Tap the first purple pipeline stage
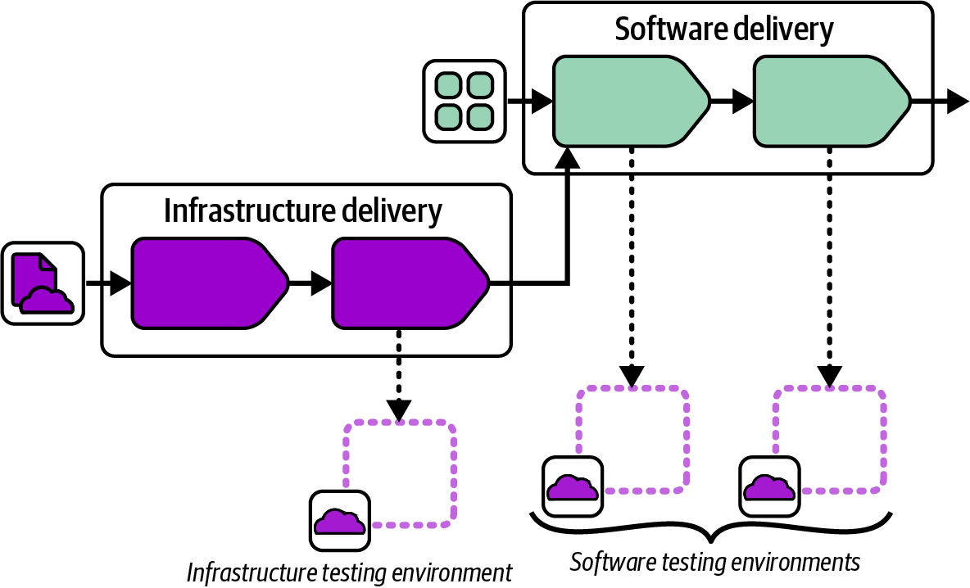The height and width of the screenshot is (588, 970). coord(210,283)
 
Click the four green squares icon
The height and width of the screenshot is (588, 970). coord(464,101)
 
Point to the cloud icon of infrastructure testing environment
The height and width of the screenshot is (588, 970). coord(339,521)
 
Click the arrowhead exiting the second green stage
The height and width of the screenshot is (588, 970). coord(958,102)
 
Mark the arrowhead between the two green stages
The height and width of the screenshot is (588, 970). coord(742,102)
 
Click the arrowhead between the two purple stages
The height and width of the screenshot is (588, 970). coord(321,283)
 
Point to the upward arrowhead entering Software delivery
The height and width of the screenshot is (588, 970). coord(567,159)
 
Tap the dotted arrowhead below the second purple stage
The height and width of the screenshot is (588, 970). coord(399,409)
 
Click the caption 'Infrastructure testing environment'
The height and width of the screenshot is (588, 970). coord(349,572)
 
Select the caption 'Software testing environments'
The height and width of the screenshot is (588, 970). coord(714,563)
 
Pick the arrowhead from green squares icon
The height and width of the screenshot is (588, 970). coord(541,102)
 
